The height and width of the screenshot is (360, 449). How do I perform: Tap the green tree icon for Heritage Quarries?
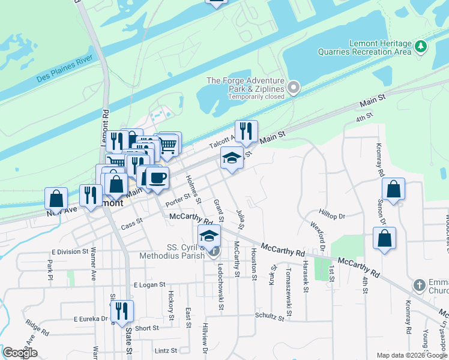pyautogui.click(x=421, y=46)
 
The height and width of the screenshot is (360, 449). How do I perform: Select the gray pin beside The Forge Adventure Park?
pyautogui.click(x=294, y=88)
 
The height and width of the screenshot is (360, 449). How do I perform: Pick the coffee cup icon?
pyautogui.click(x=157, y=178)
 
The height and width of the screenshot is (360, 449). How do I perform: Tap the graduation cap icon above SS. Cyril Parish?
pyautogui.click(x=209, y=235)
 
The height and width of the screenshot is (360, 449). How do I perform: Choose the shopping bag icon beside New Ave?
pyautogui.click(x=56, y=198)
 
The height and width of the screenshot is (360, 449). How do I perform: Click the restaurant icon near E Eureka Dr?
pyautogui.click(x=122, y=310)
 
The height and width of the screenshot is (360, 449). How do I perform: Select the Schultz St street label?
pyautogui.click(x=269, y=316)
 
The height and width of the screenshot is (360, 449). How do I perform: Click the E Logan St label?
pyautogui.click(x=149, y=284)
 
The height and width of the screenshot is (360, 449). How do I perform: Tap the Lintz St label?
pyautogui.click(x=166, y=350)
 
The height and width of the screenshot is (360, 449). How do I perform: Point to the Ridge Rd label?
pyautogui.click(x=37, y=327)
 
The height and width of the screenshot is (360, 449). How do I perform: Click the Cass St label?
pyautogui.click(x=131, y=225)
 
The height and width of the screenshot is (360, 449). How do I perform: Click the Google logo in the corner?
pyautogui.click(x=20, y=353)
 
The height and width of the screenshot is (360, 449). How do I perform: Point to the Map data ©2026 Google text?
pyautogui.click(x=411, y=355)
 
